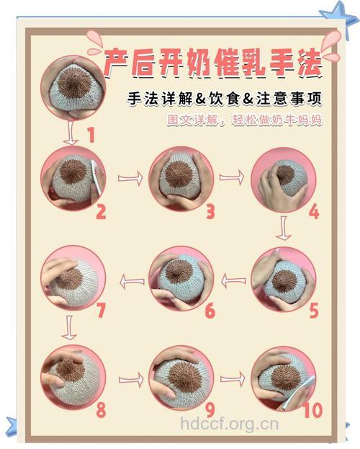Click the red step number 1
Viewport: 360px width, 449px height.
pos(91,134)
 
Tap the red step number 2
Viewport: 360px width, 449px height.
pos(101,212)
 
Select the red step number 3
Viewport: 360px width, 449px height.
pos(210,212)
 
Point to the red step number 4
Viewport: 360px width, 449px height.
pos(313,212)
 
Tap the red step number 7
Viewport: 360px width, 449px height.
pos(101,311)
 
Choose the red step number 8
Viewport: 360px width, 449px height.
pos(101,410)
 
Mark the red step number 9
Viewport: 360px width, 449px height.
pos(210,410)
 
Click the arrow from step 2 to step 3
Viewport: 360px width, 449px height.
pos(130,177)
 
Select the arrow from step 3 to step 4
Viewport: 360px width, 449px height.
pos(230,177)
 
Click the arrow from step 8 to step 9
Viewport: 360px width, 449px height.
pos(130,379)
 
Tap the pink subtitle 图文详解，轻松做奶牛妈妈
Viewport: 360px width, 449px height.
pos(244,120)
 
